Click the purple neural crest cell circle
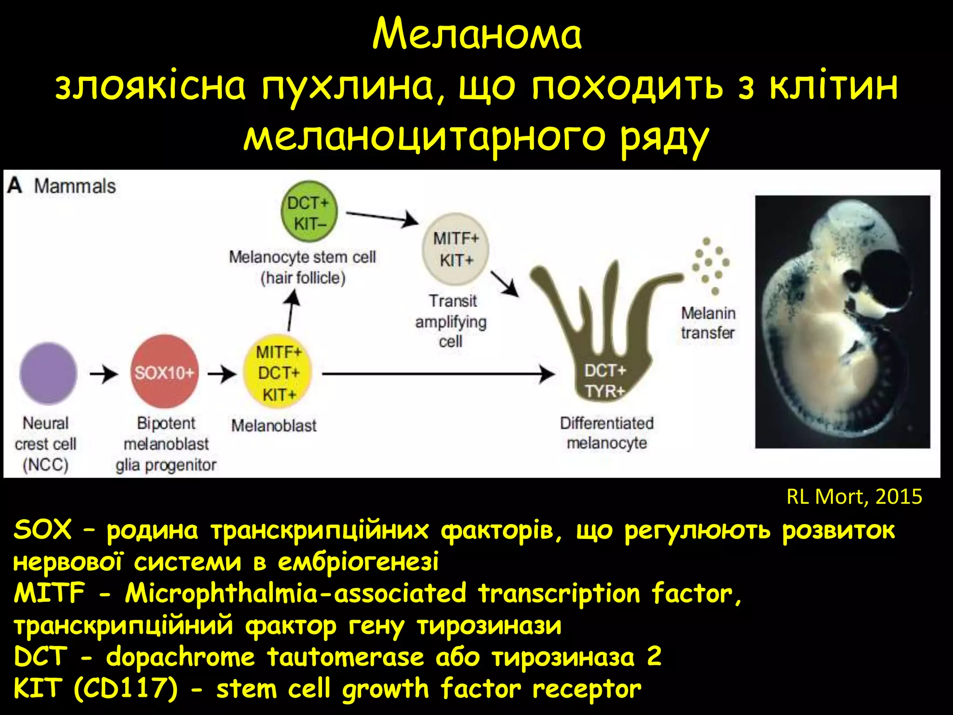coord(48,373)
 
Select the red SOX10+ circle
coord(164,372)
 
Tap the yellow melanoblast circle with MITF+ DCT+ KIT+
coord(278,372)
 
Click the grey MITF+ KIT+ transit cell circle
coord(456,250)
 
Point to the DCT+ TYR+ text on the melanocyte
coord(605,381)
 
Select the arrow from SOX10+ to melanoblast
coord(222,373)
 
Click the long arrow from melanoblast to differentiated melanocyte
coord(437,373)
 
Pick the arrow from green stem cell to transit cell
coord(382,217)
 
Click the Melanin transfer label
coord(708,323)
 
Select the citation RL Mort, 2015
coord(854,497)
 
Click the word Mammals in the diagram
coord(74,186)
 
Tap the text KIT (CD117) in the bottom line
coord(95,688)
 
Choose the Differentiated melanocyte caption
coord(607,432)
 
